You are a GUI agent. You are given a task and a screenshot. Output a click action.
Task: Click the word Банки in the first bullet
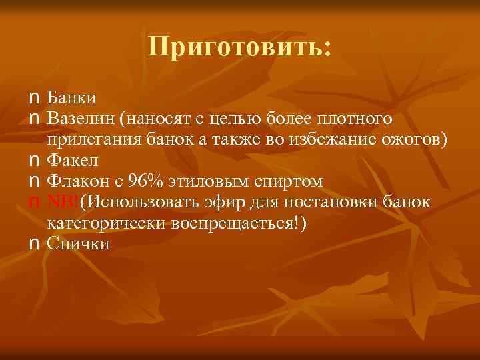72,99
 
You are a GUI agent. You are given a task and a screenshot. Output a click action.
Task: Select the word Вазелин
80,119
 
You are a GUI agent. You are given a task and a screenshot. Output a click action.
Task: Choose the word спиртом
292,181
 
